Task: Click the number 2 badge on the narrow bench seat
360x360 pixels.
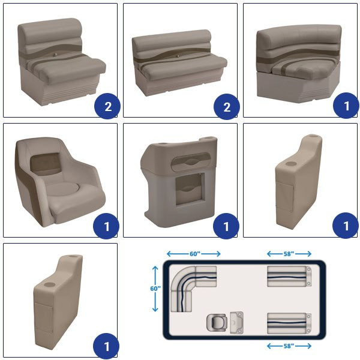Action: [x=107, y=106]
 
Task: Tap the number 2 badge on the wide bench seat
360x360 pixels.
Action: [x=227, y=107]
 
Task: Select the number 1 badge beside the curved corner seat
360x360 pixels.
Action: [x=346, y=106]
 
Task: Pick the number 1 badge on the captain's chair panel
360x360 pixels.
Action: [x=106, y=226]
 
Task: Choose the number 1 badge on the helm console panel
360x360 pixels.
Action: [x=226, y=226]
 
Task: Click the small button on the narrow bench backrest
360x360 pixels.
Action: [x=55, y=55]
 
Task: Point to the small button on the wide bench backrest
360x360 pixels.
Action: [x=178, y=56]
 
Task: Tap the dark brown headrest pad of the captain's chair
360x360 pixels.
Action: [x=46, y=162]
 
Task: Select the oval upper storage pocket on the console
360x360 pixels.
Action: [x=191, y=161]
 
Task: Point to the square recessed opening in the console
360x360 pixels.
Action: [x=190, y=189]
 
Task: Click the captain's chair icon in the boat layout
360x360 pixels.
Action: [x=217, y=322]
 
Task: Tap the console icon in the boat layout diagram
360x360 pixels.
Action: [x=236, y=322]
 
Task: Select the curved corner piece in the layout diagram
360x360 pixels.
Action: [x=184, y=278]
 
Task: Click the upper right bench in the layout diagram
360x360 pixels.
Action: [x=289, y=277]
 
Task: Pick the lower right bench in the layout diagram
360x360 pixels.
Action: [x=289, y=323]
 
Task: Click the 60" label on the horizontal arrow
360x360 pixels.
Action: [x=195, y=254]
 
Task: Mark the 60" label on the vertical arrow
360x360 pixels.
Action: [x=155, y=289]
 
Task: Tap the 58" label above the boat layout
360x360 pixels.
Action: [x=289, y=254]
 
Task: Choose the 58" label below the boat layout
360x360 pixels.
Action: [x=289, y=346]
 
